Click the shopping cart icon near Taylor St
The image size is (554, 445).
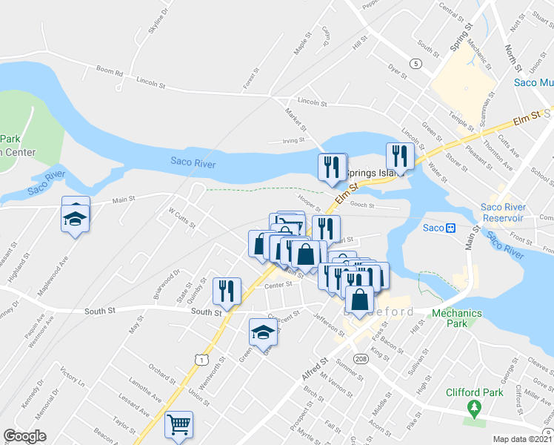(x=178, y=425)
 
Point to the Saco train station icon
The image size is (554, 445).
(x=450, y=227)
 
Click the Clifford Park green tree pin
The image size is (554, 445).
(x=474, y=407)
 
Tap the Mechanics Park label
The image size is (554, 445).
(x=457, y=318)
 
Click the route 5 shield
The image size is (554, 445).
(x=417, y=64)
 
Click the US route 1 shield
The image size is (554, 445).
(x=201, y=358)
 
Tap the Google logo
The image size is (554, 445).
(x=24, y=435)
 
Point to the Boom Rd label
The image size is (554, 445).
(x=109, y=72)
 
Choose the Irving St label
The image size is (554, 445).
(x=293, y=139)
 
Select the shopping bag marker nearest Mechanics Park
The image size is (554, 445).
(x=359, y=300)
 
